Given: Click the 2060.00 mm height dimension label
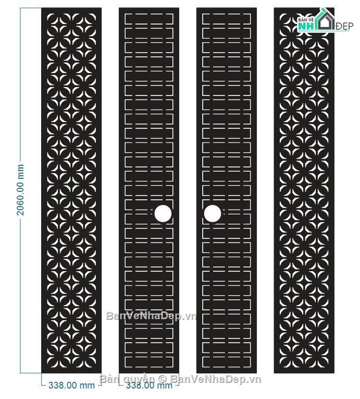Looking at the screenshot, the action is click(x=20, y=190).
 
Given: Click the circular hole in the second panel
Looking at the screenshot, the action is click(x=163, y=213).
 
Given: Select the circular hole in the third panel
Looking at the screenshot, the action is click(x=213, y=213).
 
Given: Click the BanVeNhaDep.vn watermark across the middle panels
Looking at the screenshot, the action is click(x=152, y=316).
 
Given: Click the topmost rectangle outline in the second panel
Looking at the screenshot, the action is click(x=149, y=19).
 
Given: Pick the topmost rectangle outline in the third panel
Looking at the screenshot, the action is click(x=227, y=19).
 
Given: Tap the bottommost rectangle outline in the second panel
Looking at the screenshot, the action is click(x=149, y=362).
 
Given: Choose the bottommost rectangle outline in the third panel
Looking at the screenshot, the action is click(x=227, y=362).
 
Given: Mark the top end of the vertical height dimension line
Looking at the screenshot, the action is click(x=20, y=8).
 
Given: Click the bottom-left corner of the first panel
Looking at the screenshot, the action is click(x=42, y=373).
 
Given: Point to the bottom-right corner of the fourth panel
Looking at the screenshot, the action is click(x=334, y=373).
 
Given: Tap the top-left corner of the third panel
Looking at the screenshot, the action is click(x=196, y=8).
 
